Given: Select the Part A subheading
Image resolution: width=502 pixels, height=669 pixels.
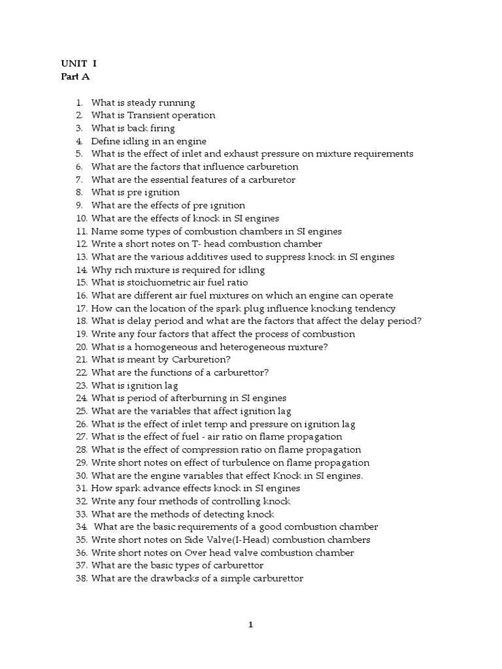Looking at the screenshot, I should tap(75, 76).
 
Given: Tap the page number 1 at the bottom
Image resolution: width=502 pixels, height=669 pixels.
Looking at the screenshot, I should tap(250, 625).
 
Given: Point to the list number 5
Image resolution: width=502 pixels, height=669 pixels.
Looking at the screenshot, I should tap(79, 154).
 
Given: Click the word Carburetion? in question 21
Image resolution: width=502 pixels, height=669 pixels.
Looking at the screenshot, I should tap(201, 360).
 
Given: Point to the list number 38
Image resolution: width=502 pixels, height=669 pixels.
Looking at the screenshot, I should tap(81, 579).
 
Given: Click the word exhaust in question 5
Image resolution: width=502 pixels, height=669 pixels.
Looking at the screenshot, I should tap(244, 154).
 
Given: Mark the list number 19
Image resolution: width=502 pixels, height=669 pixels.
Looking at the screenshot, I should tap(81, 334).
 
